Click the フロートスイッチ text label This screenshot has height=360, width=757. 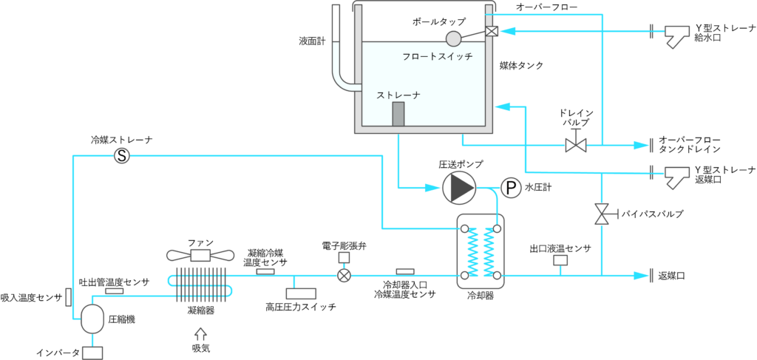(x=437, y=56)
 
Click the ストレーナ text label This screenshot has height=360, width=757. (x=398, y=95)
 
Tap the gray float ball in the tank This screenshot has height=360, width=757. (x=453, y=38)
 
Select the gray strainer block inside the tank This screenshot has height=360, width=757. (x=398, y=114)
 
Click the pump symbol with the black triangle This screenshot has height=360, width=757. (x=459, y=188)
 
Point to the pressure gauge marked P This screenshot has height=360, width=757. (x=511, y=188)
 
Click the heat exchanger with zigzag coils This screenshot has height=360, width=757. (x=481, y=251)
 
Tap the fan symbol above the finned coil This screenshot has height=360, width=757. (x=200, y=255)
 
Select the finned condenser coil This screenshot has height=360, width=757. (x=200, y=285)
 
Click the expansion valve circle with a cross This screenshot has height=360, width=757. (x=344, y=275)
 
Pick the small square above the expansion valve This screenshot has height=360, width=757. (x=344, y=257)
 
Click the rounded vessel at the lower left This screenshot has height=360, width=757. (x=92, y=318)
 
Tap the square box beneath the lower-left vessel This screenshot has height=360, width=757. (x=92, y=353)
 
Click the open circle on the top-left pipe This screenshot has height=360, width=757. (x=122, y=155)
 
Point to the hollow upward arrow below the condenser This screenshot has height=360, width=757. (x=200, y=334)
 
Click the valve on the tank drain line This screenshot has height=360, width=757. (x=575, y=145)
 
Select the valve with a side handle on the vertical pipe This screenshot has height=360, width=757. (x=602, y=214)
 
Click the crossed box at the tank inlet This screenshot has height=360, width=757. (x=492, y=30)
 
